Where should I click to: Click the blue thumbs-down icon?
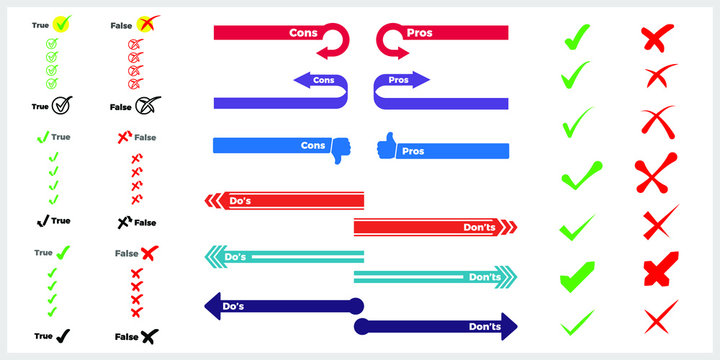(336, 149)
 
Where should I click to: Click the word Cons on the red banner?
(304, 32)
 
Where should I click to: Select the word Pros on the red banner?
(420, 32)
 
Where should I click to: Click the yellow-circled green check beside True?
(62, 22)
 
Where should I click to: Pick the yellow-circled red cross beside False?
(146, 23)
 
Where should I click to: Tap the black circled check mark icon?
(62, 104)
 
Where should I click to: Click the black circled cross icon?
(148, 104)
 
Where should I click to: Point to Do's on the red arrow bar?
(240, 201)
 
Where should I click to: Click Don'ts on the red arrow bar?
(479, 227)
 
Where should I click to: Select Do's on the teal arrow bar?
(236, 256)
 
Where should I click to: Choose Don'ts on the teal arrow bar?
(484, 276)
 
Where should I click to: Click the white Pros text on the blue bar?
(413, 151)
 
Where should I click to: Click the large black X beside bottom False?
(149, 336)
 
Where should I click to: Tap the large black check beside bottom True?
(63, 336)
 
